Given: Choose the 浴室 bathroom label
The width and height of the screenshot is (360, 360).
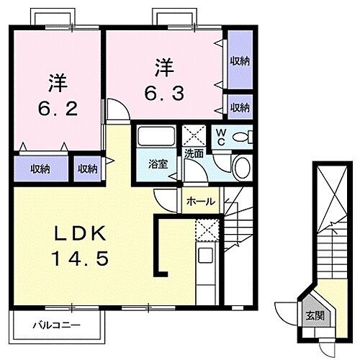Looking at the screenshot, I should (158, 163).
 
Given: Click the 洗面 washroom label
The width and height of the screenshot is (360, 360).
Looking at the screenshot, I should (194, 153).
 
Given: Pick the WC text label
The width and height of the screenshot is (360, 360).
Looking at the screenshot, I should (222, 137).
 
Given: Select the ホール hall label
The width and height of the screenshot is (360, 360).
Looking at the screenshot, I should (200, 202).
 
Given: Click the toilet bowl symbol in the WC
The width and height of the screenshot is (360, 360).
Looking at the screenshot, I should (241, 135).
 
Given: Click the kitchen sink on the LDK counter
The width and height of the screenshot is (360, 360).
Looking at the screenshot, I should (204, 256).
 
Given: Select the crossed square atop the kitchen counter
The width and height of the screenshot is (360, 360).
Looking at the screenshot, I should (204, 230).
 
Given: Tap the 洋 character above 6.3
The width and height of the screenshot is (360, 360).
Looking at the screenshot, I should (165, 68).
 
